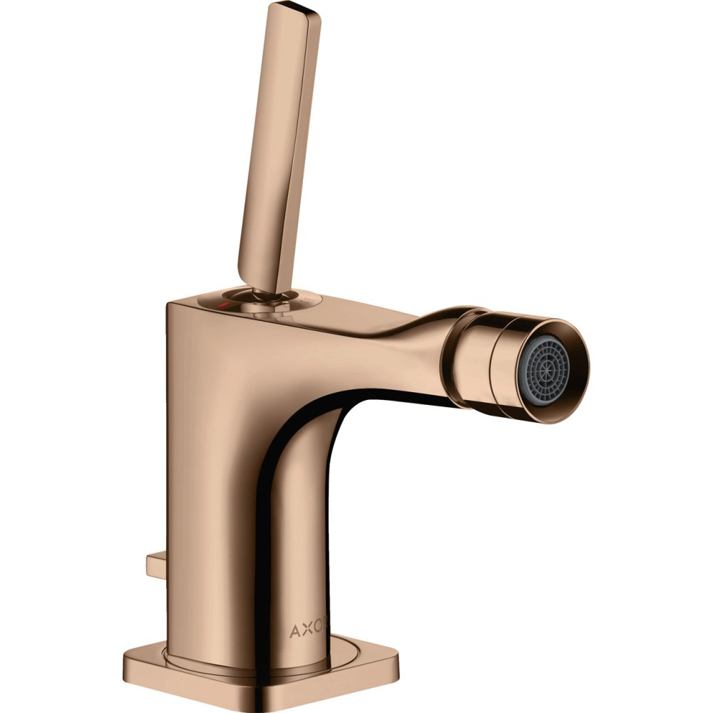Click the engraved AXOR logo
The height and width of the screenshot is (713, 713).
click(309, 631)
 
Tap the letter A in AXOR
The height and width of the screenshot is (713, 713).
click(294, 631)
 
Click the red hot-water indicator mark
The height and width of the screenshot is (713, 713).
click(222, 303)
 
